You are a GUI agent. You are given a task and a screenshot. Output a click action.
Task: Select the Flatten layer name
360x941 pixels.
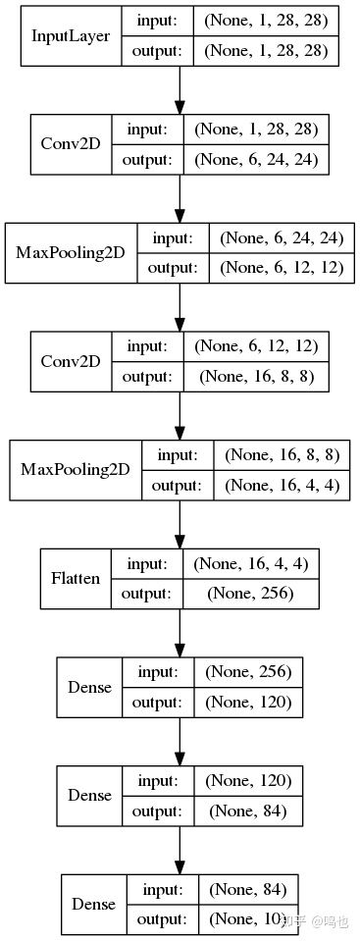point(76,578)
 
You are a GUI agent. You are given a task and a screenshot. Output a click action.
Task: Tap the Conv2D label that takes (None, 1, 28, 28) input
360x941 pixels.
point(71,144)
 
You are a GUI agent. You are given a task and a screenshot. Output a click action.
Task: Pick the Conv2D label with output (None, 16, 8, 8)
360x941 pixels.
point(71,361)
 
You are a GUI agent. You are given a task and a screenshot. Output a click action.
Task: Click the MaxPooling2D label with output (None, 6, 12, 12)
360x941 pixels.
point(71,252)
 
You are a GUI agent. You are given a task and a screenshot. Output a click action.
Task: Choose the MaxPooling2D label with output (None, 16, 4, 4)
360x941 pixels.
point(76,469)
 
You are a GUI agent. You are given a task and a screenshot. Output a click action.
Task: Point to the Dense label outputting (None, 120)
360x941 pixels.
point(91,687)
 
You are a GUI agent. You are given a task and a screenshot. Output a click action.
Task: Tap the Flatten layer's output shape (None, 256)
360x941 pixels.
point(251,594)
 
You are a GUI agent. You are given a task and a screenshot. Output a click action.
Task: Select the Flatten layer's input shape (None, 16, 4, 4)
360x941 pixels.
point(251,563)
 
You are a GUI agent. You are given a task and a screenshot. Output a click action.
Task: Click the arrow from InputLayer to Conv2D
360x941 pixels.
point(180,90)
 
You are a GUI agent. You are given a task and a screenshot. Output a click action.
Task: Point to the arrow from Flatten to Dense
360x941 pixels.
point(180,632)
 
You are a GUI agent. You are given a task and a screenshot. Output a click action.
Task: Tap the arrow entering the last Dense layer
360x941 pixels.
point(180,850)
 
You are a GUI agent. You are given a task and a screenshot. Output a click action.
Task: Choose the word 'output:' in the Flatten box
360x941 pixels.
point(147,594)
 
